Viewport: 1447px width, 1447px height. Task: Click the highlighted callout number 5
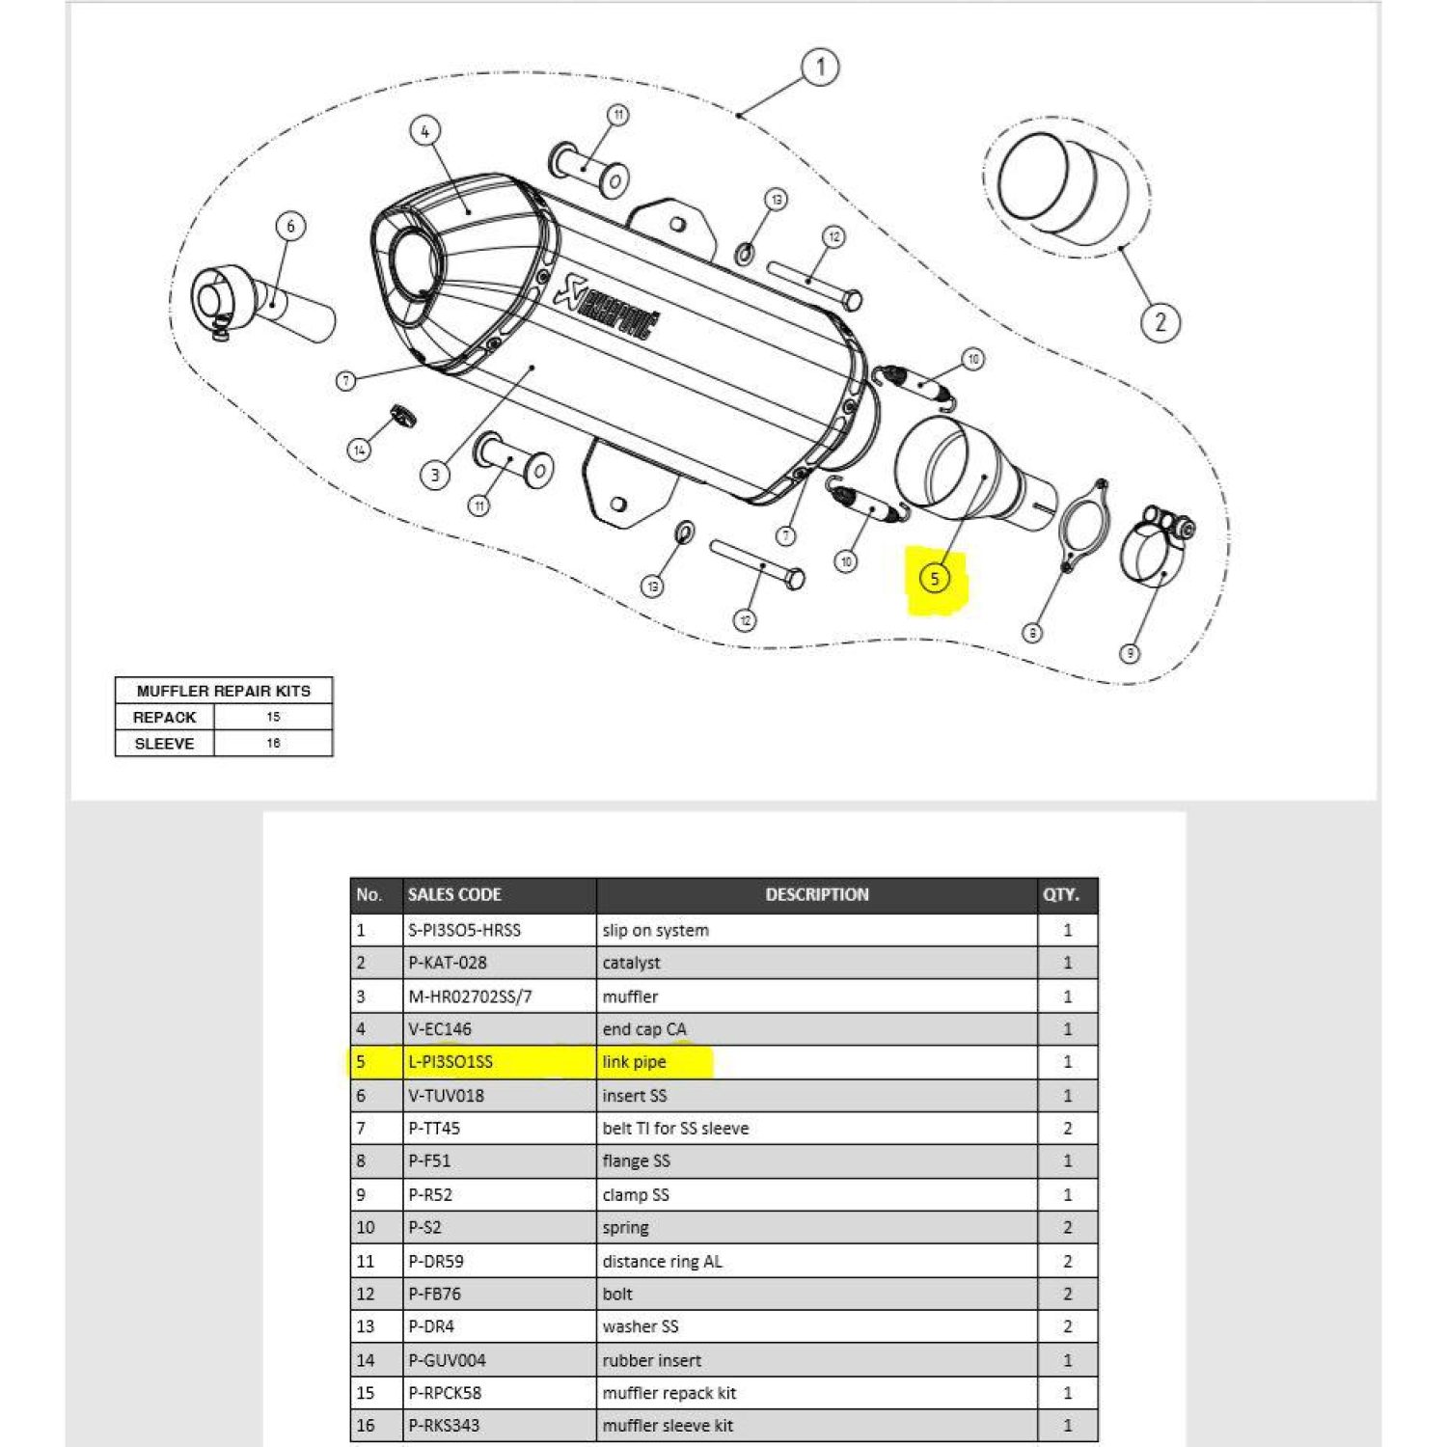(x=934, y=579)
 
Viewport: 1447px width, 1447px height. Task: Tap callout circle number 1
(x=820, y=68)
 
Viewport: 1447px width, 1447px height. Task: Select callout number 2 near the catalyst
(x=1160, y=321)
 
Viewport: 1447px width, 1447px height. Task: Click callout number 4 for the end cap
(x=425, y=131)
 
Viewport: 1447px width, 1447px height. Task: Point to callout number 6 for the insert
(x=290, y=226)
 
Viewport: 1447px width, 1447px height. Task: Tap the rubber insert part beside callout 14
(x=401, y=414)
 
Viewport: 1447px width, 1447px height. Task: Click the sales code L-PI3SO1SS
(x=450, y=1062)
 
